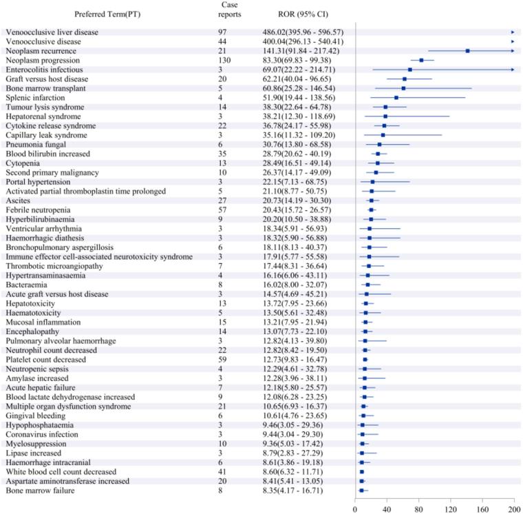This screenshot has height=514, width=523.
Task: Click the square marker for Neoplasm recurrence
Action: pos(467,51)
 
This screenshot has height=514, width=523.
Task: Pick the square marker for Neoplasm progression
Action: pos(421,61)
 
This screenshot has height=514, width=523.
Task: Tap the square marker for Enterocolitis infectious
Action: pos(410,70)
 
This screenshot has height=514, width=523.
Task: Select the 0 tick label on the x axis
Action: pos(355,508)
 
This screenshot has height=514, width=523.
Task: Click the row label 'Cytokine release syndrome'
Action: pos(55,125)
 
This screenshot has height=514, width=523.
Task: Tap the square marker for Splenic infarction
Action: pos(396,98)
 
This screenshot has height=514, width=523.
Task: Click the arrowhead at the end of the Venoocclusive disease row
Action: pos(513,42)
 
